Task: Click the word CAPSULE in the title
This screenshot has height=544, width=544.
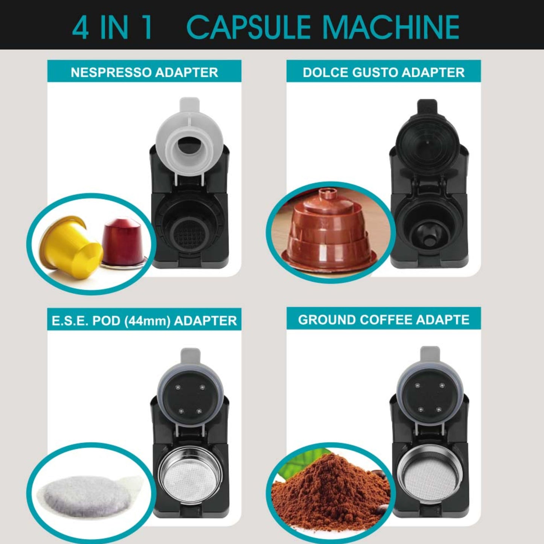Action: coord(248,27)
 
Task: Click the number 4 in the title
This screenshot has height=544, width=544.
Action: coord(80,27)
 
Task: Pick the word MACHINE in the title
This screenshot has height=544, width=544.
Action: coord(391,27)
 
